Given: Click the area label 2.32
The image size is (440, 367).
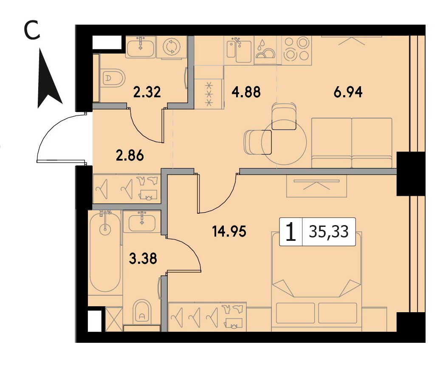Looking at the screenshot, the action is (147, 92).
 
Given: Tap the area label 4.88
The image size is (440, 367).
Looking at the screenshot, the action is (246, 92).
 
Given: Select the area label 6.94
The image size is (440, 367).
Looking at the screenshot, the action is (348, 92).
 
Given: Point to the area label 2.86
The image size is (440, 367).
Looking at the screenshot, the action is (130, 155).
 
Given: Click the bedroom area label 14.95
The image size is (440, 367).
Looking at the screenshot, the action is (229, 232).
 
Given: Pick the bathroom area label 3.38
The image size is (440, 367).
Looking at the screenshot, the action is (143, 259).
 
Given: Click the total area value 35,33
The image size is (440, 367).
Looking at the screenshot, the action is (329, 232).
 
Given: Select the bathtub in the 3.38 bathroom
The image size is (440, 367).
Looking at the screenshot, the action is (105, 252).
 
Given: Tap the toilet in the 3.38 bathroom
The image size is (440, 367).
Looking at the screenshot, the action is (141, 312).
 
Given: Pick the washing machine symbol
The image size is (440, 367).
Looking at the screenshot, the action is (171, 47).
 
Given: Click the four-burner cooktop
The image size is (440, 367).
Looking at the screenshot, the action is (296, 49).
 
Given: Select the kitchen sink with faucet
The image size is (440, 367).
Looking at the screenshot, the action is (239, 50).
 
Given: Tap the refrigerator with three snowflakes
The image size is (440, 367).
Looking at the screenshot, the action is (209, 94).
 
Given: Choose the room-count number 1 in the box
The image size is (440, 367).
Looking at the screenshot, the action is (291, 232).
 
